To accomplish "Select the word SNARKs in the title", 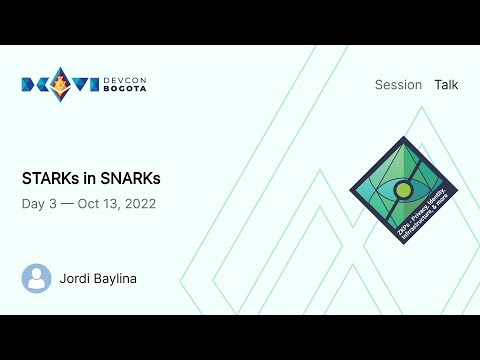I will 131,178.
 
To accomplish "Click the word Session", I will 398,85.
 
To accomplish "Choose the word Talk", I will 446,85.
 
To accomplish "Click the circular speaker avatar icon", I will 37,278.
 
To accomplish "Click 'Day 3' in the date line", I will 37,203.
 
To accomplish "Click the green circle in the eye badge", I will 403,190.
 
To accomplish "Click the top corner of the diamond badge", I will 403,138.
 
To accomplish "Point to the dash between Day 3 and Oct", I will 66,203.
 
